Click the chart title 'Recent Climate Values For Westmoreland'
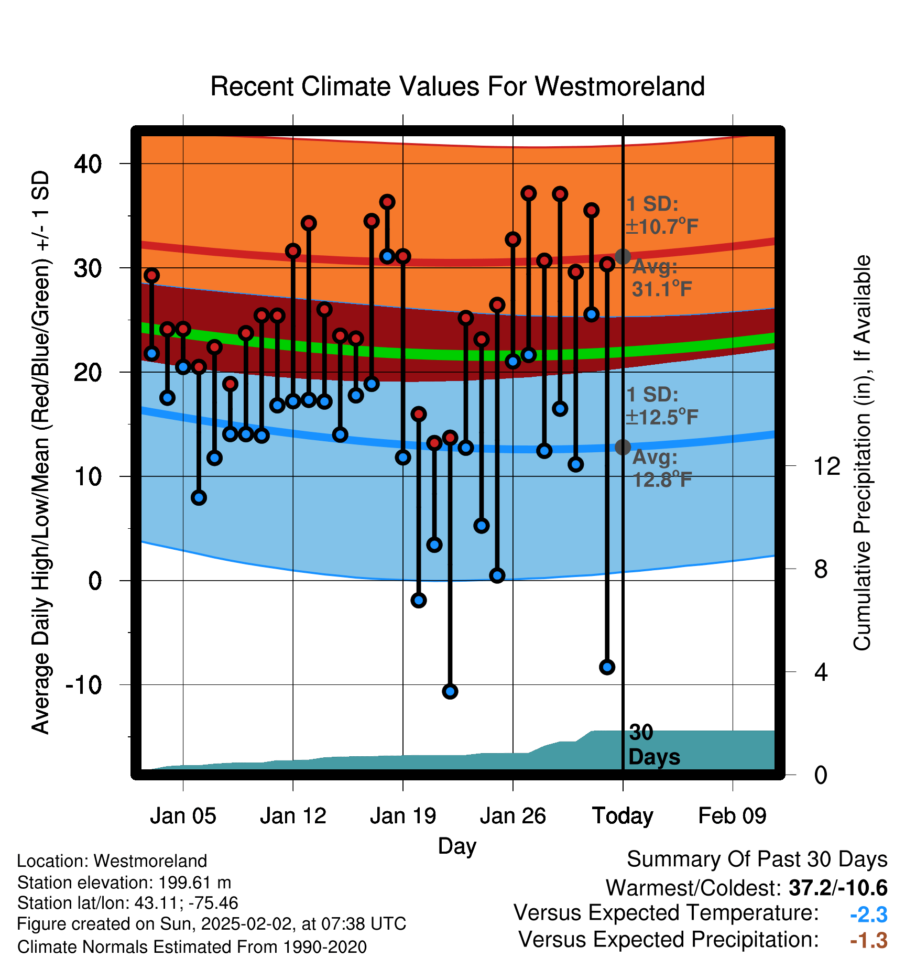click(457, 86)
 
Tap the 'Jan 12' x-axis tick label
click(293, 816)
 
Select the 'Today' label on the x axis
click(623, 816)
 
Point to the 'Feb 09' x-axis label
click(732, 816)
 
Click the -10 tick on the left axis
click(84, 684)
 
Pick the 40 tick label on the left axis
click(88, 164)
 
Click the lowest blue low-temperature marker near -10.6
click(450, 692)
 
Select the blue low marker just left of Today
click(607, 667)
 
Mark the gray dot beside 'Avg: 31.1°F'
click(623, 257)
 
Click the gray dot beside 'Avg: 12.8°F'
click(623, 447)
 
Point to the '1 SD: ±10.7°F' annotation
click(662, 215)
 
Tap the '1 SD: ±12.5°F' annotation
click(662, 406)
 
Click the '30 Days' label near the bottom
click(654, 745)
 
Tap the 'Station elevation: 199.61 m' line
click(124, 883)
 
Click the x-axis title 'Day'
click(457, 846)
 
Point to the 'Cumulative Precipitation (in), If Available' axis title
click(862, 453)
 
